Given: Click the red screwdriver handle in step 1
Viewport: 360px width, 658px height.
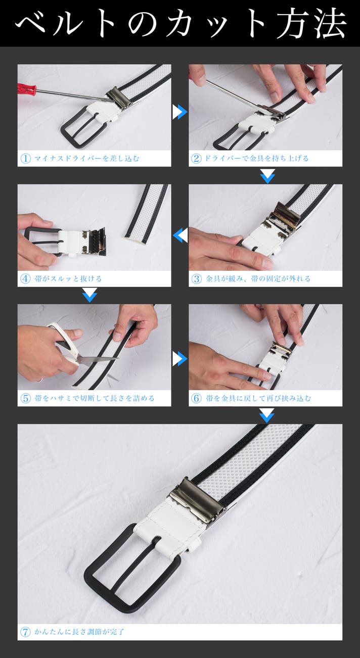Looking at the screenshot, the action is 26,88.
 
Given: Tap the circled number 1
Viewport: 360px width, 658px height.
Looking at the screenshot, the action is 26,159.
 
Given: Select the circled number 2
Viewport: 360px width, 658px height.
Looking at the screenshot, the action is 196,159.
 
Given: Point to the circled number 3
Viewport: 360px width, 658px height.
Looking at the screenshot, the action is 197,278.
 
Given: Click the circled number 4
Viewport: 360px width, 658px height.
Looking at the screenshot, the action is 26,278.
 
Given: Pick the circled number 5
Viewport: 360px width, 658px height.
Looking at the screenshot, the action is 26,398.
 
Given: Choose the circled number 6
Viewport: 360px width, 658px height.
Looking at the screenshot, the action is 197,398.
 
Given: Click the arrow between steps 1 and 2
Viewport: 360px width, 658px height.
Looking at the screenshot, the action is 180,112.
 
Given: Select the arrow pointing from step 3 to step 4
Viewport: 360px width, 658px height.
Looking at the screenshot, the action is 180,235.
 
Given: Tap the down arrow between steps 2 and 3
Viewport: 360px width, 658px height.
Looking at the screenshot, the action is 267,176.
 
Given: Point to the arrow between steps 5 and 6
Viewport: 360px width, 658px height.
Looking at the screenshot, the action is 180,359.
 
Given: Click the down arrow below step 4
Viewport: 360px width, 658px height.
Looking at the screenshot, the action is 89,295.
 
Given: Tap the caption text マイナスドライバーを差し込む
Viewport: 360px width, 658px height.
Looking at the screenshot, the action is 86,159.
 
